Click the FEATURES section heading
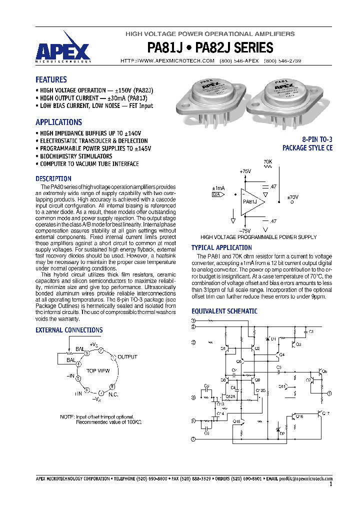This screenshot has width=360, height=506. pyautogui.click(x=51, y=79)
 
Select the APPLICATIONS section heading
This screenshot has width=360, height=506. pyautogui.click(x=58, y=122)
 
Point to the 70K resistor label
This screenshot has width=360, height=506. pyautogui.click(x=268, y=162)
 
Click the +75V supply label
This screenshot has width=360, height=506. pyautogui.click(x=245, y=171)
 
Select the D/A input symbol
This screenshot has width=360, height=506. pyautogui.click(x=216, y=194)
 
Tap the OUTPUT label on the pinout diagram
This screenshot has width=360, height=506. pyautogui.click(x=127, y=357)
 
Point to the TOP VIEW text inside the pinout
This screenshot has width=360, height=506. pyautogui.click(x=98, y=371)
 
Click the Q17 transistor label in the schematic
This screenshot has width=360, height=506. pyautogui.click(x=325, y=412)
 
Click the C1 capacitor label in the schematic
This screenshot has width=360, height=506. pyautogui.click(x=310, y=331)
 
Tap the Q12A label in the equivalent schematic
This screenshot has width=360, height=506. pyautogui.click(x=230, y=396)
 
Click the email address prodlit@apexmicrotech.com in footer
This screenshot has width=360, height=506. pyautogui.click(x=305, y=478)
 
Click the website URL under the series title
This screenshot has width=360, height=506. pyautogui.click(x=168, y=60)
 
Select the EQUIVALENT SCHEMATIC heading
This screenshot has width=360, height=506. pyautogui.click(x=224, y=311)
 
